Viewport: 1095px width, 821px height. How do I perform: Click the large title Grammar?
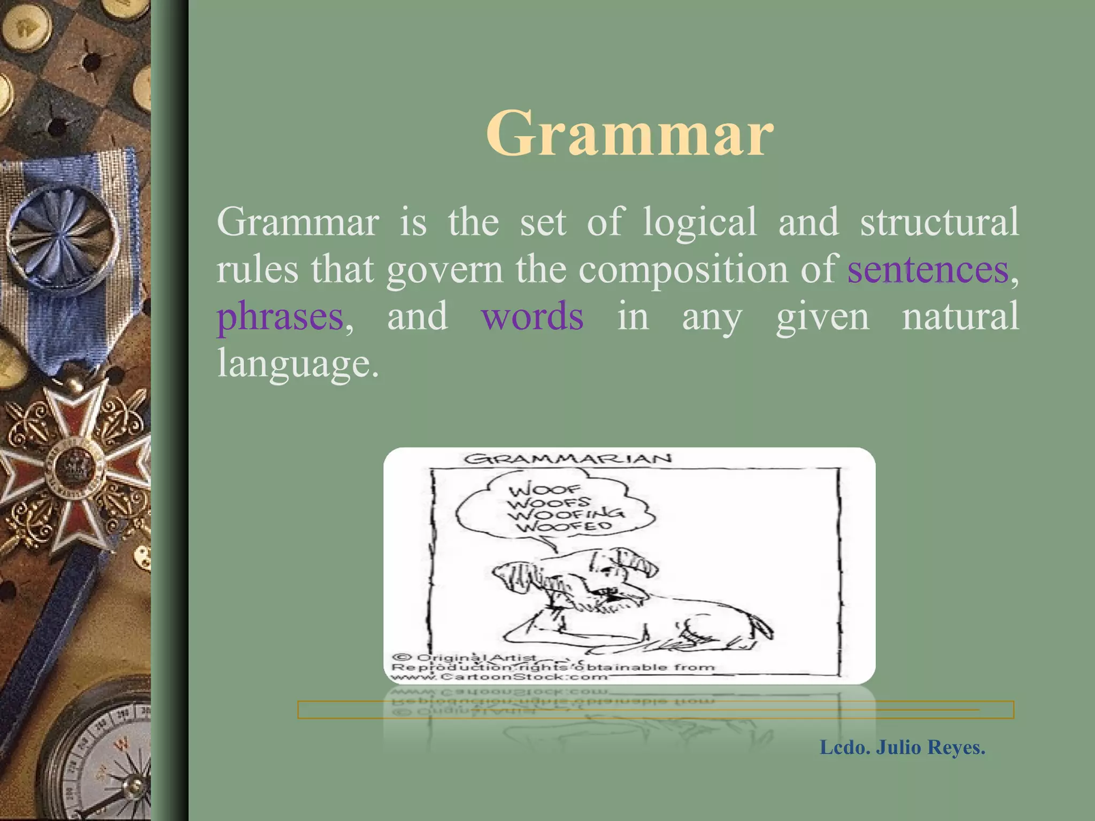[x=629, y=134]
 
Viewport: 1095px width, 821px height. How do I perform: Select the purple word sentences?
[x=928, y=269]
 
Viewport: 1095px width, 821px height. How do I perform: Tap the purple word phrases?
[x=280, y=316]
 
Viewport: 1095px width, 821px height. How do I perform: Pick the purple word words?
[x=532, y=316]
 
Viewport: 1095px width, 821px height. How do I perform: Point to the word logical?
[x=699, y=222]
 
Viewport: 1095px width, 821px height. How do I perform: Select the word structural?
[x=939, y=222]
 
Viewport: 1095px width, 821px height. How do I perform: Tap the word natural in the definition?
[x=960, y=316]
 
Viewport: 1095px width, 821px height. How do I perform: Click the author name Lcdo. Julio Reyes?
[x=902, y=747]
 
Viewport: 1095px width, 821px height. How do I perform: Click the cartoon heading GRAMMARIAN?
[x=567, y=459]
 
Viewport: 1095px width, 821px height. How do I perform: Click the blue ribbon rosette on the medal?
[x=61, y=235]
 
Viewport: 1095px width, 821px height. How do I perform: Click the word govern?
[x=444, y=269]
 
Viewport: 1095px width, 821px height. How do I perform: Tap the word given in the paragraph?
[x=822, y=316]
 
